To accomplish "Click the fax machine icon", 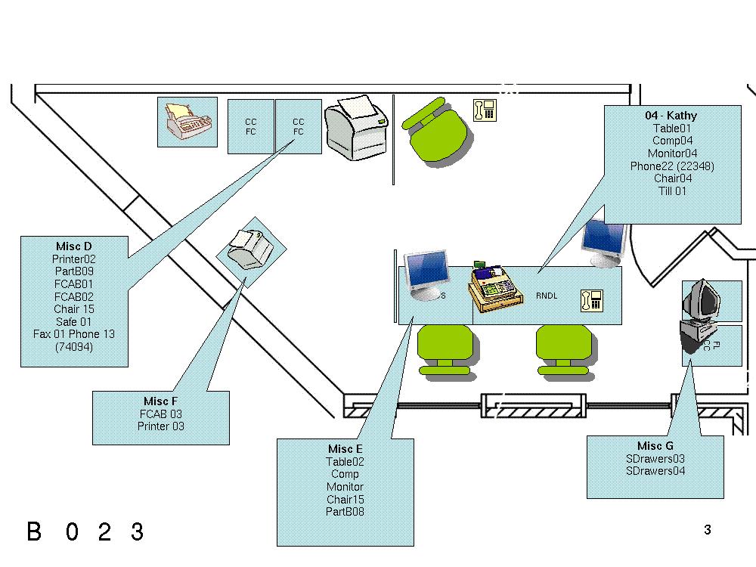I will (x=187, y=122).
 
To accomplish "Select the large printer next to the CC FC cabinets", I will (x=356, y=128).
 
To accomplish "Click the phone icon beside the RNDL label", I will (x=591, y=300).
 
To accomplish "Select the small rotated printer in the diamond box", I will (x=250, y=249).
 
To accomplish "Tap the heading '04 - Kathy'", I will (x=671, y=116).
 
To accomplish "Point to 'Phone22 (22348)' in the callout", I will (x=672, y=166).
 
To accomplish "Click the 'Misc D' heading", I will (x=73, y=246).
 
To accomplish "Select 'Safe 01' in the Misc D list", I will (x=73, y=321).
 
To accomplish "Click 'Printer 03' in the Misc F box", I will (x=160, y=426).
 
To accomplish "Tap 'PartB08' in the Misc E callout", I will (x=345, y=512).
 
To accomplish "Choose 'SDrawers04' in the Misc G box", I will (x=655, y=471).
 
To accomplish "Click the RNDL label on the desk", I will (x=547, y=296).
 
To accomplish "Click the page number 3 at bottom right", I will (x=707, y=530).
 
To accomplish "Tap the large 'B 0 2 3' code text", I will (x=85, y=531).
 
